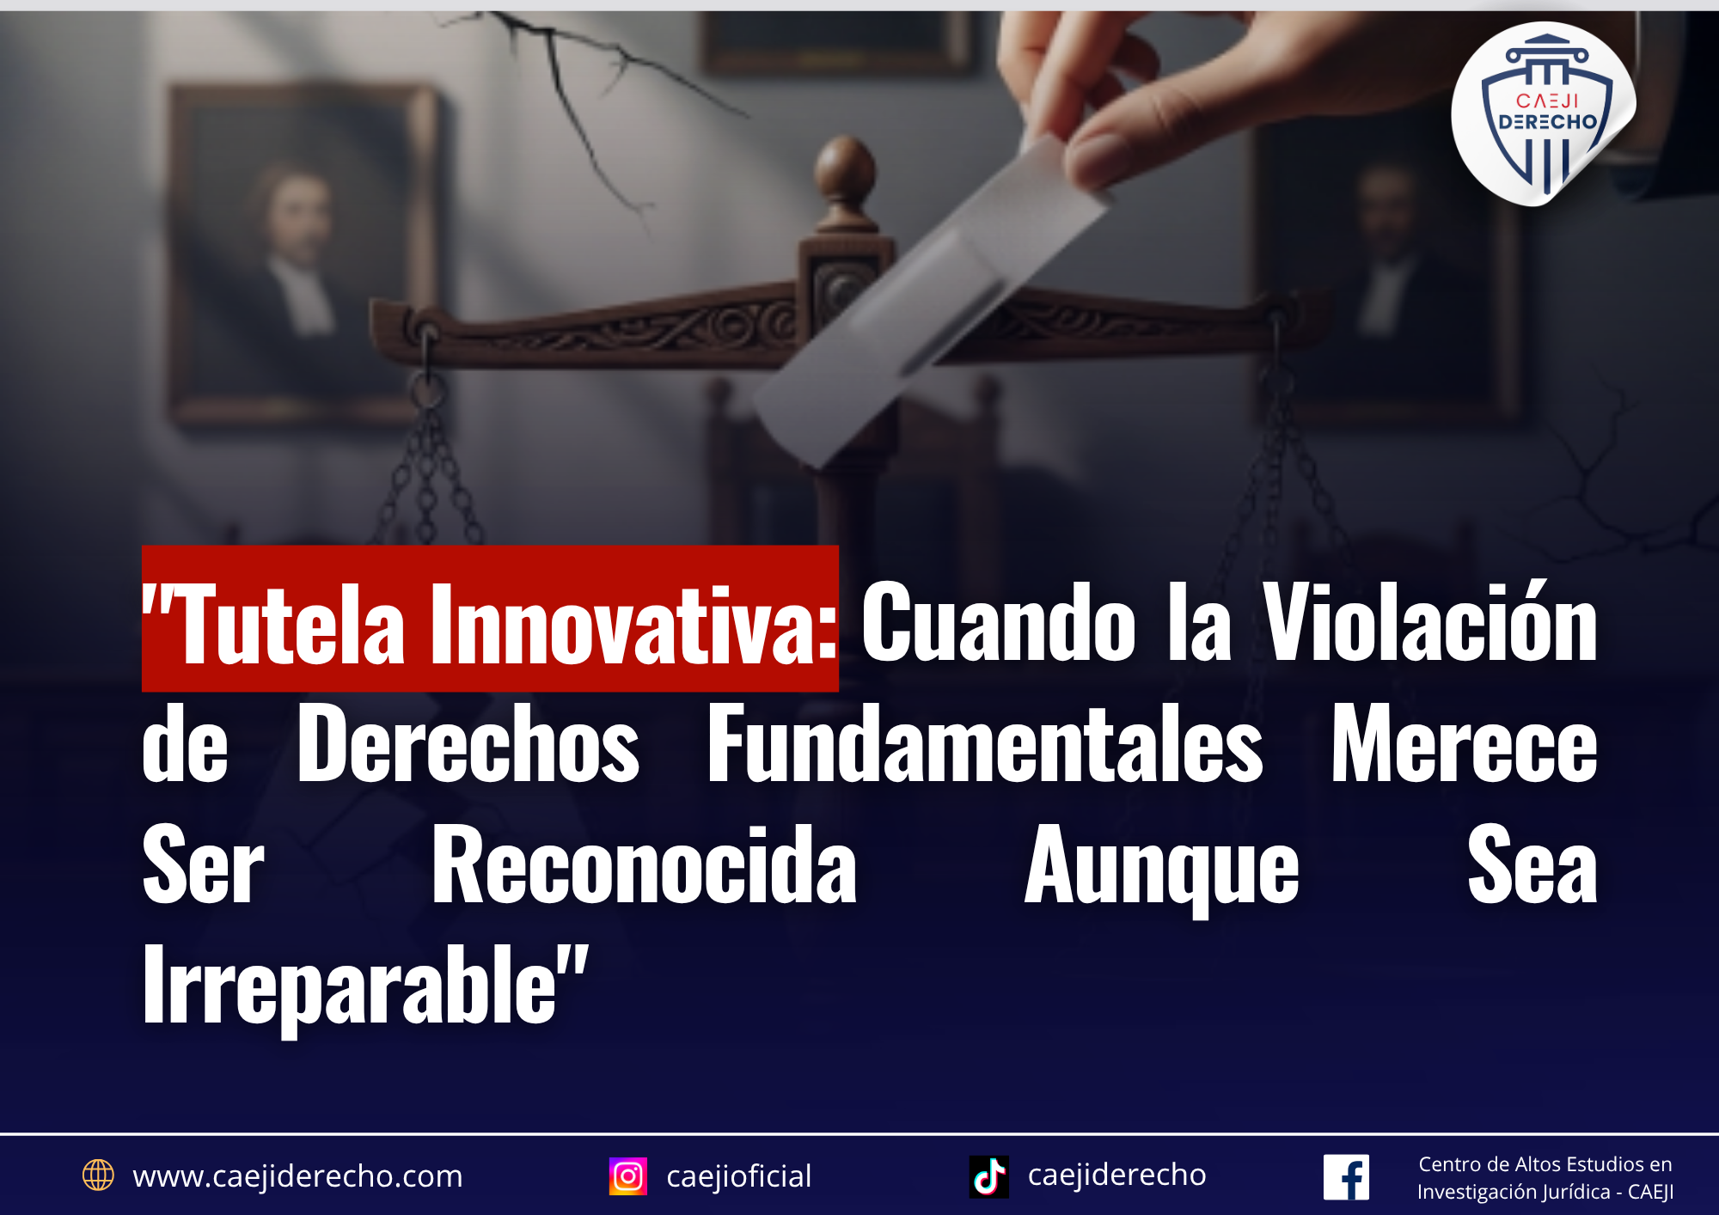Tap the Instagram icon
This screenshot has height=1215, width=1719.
pyautogui.click(x=628, y=1176)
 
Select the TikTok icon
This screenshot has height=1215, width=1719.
pyautogui.click(x=989, y=1176)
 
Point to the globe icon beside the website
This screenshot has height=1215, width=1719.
pyautogui.click(x=98, y=1175)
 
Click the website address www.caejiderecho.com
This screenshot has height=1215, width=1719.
pyautogui.click(x=297, y=1175)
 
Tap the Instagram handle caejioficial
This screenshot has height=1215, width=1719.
pyautogui.click(x=739, y=1176)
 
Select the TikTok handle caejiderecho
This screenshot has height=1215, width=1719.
pyautogui.click(x=1117, y=1175)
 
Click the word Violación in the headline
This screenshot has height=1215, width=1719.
pyautogui.click(x=1430, y=620)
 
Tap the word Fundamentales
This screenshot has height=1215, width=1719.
pyautogui.click(x=985, y=743)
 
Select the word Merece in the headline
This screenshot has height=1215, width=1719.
pyautogui.click(x=1465, y=743)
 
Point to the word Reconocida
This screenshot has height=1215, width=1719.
pyautogui.click(x=645, y=864)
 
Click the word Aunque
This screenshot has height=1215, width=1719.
pyautogui.click(x=1162, y=870)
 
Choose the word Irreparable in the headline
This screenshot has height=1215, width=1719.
pyautogui.click(x=350, y=988)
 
